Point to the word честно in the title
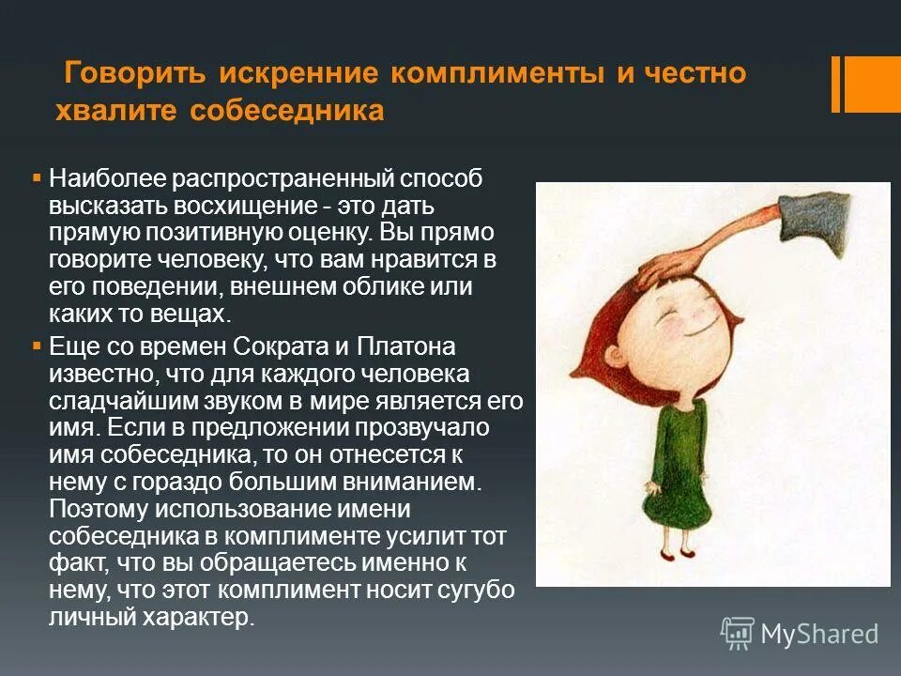(x=694, y=73)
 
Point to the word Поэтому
(x=99, y=510)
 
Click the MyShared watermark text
(x=819, y=634)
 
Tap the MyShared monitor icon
(x=737, y=633)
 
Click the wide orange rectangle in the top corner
(x=873, y=84)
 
